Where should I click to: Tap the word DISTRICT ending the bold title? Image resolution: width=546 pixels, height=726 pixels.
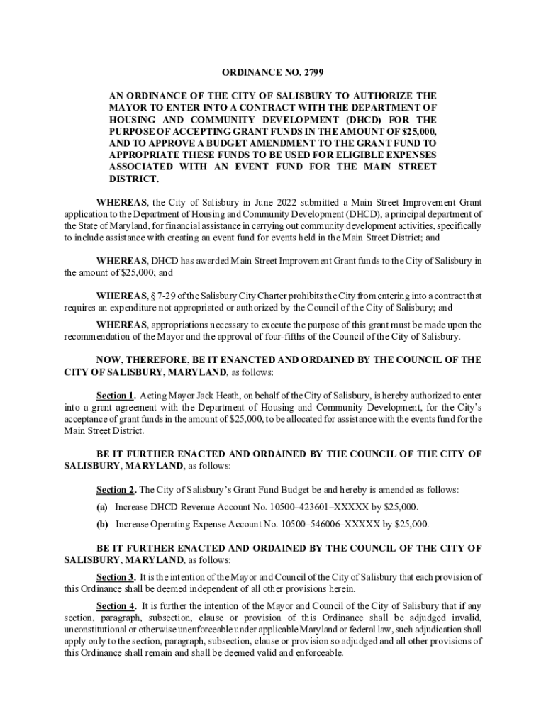[133, 179]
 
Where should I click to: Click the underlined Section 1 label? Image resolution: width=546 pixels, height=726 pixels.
[116, 395]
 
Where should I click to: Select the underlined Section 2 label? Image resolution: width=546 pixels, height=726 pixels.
[116, 490]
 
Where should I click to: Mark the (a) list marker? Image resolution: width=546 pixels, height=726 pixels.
[102, 507]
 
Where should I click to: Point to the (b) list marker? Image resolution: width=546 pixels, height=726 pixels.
[102, 525]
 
